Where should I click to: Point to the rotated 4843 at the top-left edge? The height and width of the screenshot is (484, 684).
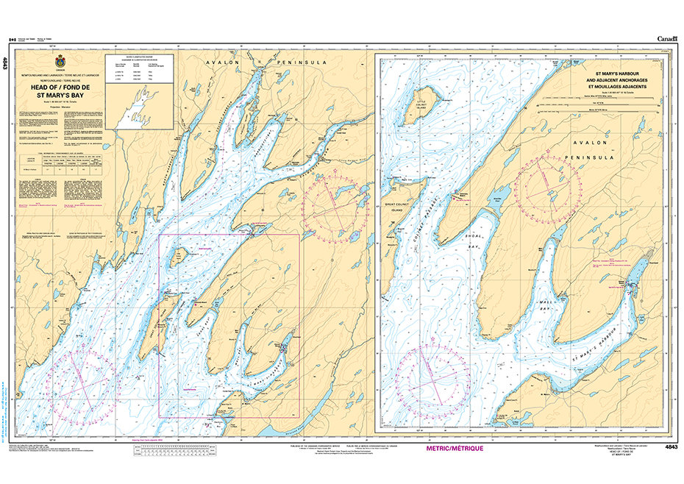6,64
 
